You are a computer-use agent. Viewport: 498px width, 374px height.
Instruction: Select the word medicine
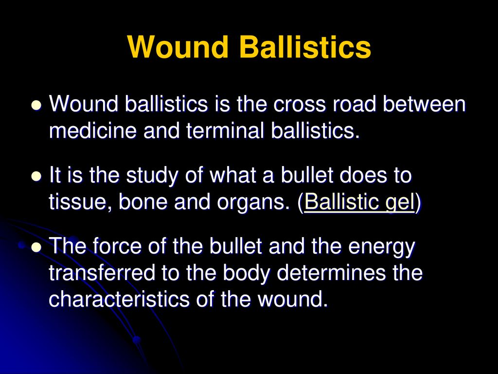pyautogui.click(x=93, y=131)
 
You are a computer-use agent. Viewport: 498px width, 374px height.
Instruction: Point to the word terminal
pyautogui.click(x=225, y=131)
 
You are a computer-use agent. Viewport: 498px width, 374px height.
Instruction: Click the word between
pyautogui.click(x=424, y=104)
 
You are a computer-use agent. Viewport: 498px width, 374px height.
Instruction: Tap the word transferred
pyautogui.click(x=102, y=272)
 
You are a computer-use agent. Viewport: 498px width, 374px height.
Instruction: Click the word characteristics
pyautogui.click(x=119, y=299)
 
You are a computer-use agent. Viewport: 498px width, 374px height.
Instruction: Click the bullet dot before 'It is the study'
pyautogui.click(x=37, y=176)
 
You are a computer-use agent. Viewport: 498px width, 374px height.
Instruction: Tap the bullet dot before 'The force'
pyautogui.click(x=37, y=247)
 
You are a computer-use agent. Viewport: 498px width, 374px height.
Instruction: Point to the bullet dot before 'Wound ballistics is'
pyautogui.click(x=37, y=105)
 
